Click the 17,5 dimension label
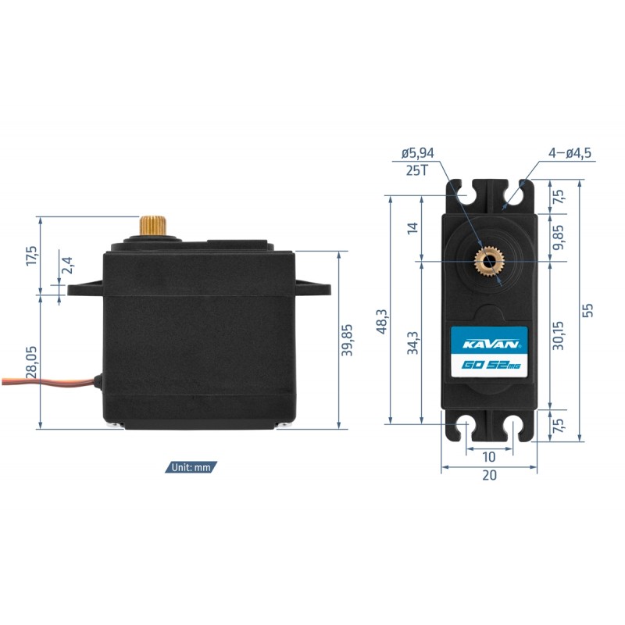32,256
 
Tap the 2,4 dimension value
68,265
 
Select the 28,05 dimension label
31,362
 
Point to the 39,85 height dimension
347,340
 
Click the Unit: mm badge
191,467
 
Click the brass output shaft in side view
152,226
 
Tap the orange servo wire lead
48,380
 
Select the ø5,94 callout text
418,152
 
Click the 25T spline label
417,170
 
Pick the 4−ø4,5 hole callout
570,152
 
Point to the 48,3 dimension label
381,321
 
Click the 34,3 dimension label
412,343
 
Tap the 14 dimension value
412,228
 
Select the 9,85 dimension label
559,237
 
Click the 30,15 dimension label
559,336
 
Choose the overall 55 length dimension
587,310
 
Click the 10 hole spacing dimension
489,457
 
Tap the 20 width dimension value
490,475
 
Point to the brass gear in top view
489,262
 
